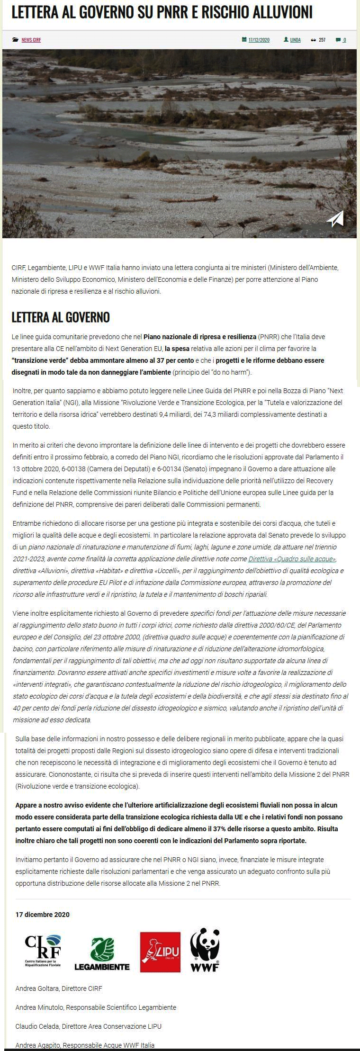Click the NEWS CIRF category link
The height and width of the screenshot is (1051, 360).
31,40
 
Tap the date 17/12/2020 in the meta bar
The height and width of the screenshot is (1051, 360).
259,40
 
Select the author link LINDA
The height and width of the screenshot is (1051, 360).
295,40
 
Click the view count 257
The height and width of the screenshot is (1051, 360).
322,40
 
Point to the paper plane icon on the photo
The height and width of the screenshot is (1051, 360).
335,218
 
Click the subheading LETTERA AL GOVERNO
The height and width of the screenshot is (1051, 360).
61,317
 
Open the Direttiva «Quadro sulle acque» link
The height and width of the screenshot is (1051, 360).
292,559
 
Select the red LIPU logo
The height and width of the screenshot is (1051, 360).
160,952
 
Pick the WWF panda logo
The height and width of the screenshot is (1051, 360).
205,950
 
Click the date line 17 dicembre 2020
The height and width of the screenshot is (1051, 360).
43,915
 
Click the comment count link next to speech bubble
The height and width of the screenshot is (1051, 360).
344,40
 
